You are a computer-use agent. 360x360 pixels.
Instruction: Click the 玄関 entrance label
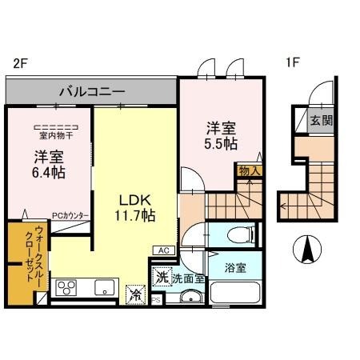click(x=322, y=121)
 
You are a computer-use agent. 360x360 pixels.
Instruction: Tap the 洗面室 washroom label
click(x=189, y=279)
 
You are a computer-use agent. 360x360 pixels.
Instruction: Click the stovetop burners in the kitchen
click(x=66, y=289)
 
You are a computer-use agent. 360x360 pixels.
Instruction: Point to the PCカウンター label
click(x=70, y=215)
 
